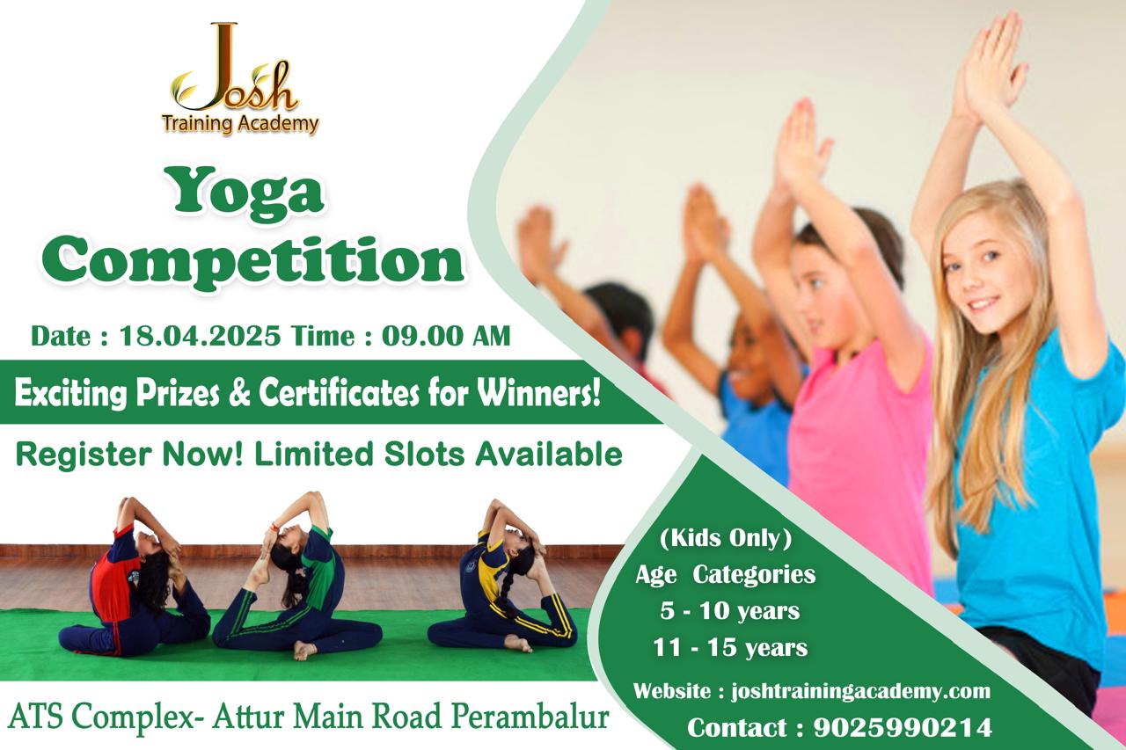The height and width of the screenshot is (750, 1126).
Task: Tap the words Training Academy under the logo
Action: [x=240, y=124]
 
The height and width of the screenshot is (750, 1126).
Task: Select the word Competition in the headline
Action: [x=252, y=264]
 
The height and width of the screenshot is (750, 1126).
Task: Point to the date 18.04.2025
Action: [x=200, y=336]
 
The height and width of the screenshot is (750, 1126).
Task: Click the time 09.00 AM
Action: [x=446, y=336]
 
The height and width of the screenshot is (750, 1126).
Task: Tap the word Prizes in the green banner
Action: [x=177, y=394]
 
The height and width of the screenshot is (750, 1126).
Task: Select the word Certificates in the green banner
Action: [x=340, y=393]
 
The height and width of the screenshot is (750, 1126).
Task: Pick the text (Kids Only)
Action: [x=726, y=538]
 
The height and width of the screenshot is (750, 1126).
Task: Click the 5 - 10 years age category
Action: [x=730, y=611]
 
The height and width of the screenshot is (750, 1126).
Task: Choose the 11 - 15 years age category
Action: [x=730, y=647]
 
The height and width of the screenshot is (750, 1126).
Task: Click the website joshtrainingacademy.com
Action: [x=860, y=691]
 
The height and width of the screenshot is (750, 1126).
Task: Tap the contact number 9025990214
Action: [x=903, y=727]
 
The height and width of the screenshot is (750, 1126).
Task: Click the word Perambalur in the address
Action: [x=530, y=717]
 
